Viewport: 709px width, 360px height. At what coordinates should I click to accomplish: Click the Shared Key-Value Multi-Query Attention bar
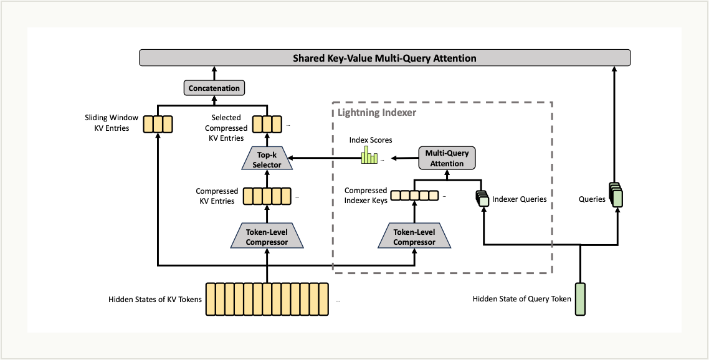tap(384, 59)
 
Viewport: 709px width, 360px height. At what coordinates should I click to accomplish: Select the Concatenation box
tap(214, 88)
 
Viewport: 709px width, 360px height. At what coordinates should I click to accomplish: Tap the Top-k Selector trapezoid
tap(267, 160)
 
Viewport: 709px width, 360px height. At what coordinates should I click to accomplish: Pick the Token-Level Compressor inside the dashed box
tap(414, 237)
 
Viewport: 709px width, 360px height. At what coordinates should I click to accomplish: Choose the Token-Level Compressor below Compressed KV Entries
tap(267, 237)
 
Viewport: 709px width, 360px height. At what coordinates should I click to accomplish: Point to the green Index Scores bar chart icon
tap(370, 155)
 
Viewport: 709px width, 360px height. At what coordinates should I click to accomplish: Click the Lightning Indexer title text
tap(377, 113)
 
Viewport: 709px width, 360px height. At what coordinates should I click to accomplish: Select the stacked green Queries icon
tap(616, 195)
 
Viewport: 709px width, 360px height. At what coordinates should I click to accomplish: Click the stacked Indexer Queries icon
tap(482, 198)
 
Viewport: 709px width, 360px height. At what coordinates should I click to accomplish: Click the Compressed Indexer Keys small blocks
tap(414, 196)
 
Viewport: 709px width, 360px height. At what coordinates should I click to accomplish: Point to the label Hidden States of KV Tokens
tap(155, 300)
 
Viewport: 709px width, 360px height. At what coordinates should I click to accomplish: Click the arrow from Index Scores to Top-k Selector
tap(324, 159)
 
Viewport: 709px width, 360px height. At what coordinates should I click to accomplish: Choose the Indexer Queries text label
tap(519, 199)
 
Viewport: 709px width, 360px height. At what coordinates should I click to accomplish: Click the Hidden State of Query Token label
tap(521, 299)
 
